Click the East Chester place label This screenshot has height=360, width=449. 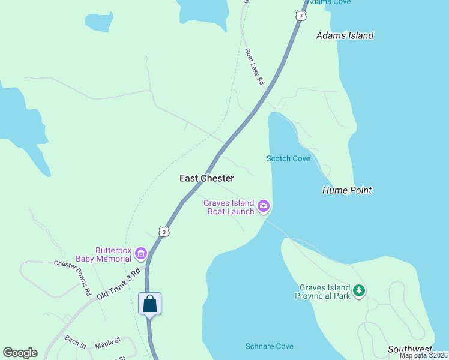206,178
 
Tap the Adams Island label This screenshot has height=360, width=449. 345,35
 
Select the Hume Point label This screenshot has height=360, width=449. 347,190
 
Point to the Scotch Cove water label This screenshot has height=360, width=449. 288,158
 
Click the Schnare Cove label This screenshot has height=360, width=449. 270,346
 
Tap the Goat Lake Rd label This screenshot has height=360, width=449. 255,66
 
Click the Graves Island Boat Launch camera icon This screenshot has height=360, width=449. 263,207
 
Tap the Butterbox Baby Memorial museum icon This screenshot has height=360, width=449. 141,254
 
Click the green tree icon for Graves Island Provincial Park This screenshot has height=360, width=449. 359,291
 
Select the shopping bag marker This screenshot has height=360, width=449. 150,304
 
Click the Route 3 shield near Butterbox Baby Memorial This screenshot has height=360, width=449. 164,231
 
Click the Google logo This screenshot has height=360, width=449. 20,353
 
